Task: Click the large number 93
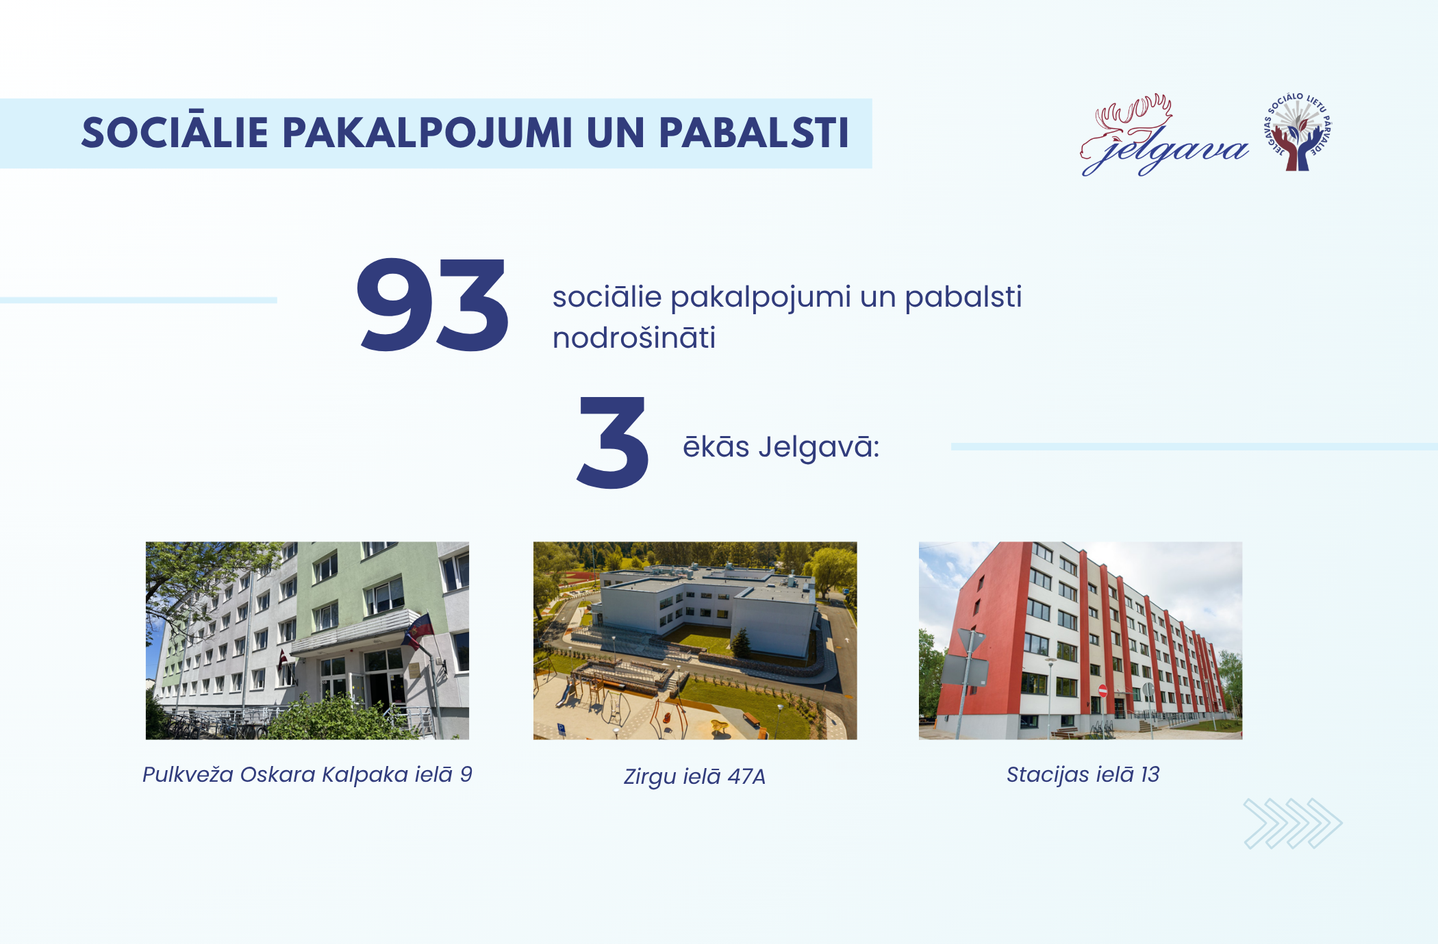pos(433,305)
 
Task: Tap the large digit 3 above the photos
pos(612,442)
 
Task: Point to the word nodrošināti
pos(634,337)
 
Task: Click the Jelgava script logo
pos(1164,136)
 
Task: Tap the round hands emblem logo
pos(1298,131)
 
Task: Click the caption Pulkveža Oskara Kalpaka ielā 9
pos(307,775)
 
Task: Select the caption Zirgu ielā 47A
pos(694,777)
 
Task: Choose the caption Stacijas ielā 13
pos(1083,774)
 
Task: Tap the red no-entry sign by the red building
pos(1102,690)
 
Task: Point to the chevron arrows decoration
pos(1293,824)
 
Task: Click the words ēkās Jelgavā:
pos(781,447)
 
